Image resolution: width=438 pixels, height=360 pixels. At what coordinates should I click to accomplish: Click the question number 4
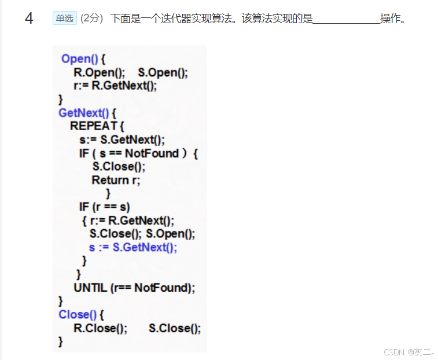click(29, 19)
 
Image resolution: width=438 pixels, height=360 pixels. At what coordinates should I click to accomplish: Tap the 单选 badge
click(64, 19)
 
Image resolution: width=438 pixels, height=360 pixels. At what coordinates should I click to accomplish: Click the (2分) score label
click(91, 19)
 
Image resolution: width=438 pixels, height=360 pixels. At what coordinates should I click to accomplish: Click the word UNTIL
click(90, 288)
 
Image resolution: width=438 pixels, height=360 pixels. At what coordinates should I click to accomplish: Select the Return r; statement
click(116, 180)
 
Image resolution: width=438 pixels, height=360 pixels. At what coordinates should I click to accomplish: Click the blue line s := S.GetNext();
click(133, 247)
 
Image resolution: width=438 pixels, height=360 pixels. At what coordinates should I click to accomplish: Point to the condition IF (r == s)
click(105, 207)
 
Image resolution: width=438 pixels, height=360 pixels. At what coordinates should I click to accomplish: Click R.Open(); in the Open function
click(99, 72)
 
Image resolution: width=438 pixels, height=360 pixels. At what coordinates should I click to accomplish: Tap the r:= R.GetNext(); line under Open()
click(115, 86)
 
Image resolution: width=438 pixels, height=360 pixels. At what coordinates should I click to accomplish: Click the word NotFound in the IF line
click(152, 153)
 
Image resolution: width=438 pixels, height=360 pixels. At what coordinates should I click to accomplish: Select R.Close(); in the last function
click(100, 328)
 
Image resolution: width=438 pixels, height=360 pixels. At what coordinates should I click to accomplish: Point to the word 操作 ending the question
click(390, 19)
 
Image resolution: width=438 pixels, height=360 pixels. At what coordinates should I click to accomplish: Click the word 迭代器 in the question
click(170, 19)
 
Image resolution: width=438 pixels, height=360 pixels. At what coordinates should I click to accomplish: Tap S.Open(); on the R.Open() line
click(163, 72)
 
